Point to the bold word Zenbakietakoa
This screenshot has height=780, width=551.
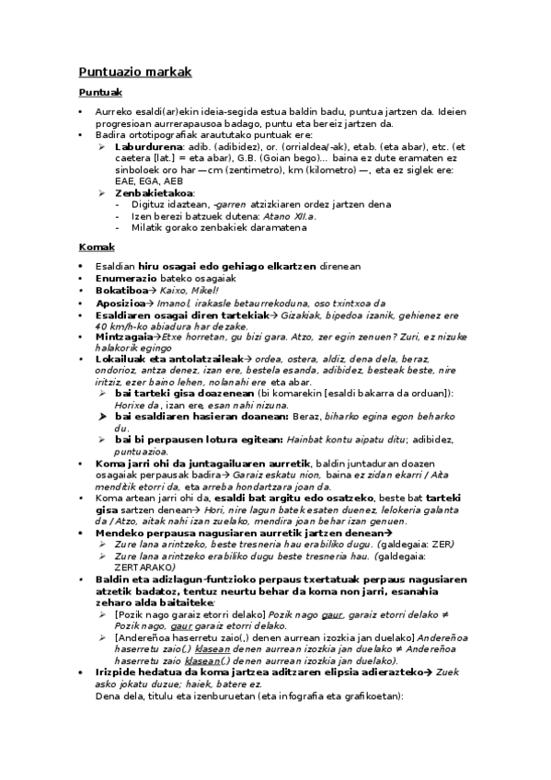coord(155,193)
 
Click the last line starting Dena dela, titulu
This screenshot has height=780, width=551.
coord(248,722)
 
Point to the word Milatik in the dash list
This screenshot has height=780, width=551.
coord(146,228)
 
